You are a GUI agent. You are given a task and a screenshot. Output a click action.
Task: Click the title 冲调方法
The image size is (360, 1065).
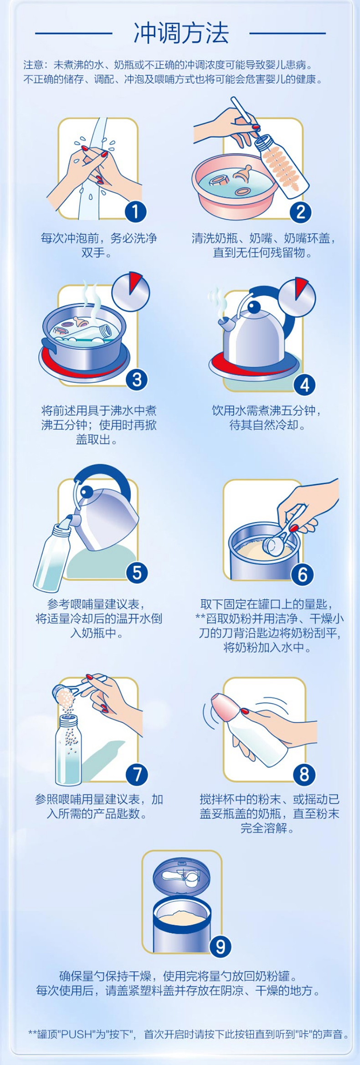coord(181,33)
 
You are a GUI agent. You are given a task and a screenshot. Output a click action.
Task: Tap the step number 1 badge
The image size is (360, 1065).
coord(136,211)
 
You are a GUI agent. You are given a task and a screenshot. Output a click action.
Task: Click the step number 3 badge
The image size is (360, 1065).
coord(137,380)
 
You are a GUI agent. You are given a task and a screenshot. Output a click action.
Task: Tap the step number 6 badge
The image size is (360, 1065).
coord(303,575)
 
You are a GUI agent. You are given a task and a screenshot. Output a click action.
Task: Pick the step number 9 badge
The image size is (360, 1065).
coord(221,947)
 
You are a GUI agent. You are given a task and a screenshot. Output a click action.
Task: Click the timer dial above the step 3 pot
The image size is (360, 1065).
coord(131,292)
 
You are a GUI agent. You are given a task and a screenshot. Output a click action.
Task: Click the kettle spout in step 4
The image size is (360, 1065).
coord(224,324)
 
